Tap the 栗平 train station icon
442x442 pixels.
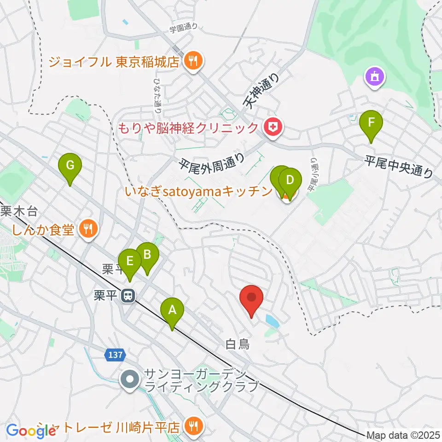[127, 296]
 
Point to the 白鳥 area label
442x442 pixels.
[238, 343]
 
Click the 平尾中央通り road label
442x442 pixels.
[399, 166]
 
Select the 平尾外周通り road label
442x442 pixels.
[212, 163]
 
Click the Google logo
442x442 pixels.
[31, 431]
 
